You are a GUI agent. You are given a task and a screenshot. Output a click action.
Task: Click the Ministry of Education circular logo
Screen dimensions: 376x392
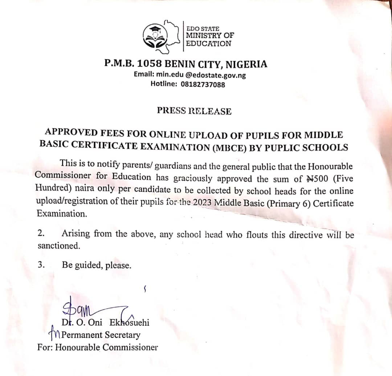coord(157,37)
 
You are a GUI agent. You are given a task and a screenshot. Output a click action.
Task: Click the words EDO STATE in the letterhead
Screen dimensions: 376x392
coord(203,28)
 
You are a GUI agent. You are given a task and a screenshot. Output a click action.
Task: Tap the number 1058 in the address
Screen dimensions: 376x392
coord(148,64)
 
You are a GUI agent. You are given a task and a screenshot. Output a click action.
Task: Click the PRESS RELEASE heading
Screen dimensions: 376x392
coord(194,111)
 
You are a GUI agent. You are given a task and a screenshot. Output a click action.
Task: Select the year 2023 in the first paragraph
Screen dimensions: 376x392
coord(203,203)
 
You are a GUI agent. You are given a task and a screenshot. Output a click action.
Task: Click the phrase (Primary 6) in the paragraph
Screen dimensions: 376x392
coord(289,203)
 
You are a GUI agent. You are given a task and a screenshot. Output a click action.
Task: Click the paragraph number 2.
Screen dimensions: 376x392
coord(41,233)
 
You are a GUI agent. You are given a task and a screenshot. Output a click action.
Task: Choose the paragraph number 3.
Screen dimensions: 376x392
coord(41,264)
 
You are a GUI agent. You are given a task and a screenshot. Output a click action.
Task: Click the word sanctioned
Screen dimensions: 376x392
coord(58,246)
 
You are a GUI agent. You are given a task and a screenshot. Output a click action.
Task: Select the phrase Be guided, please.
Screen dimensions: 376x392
coord(97,265)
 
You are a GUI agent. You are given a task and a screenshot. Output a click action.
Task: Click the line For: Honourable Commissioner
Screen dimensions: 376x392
coord(97,347)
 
